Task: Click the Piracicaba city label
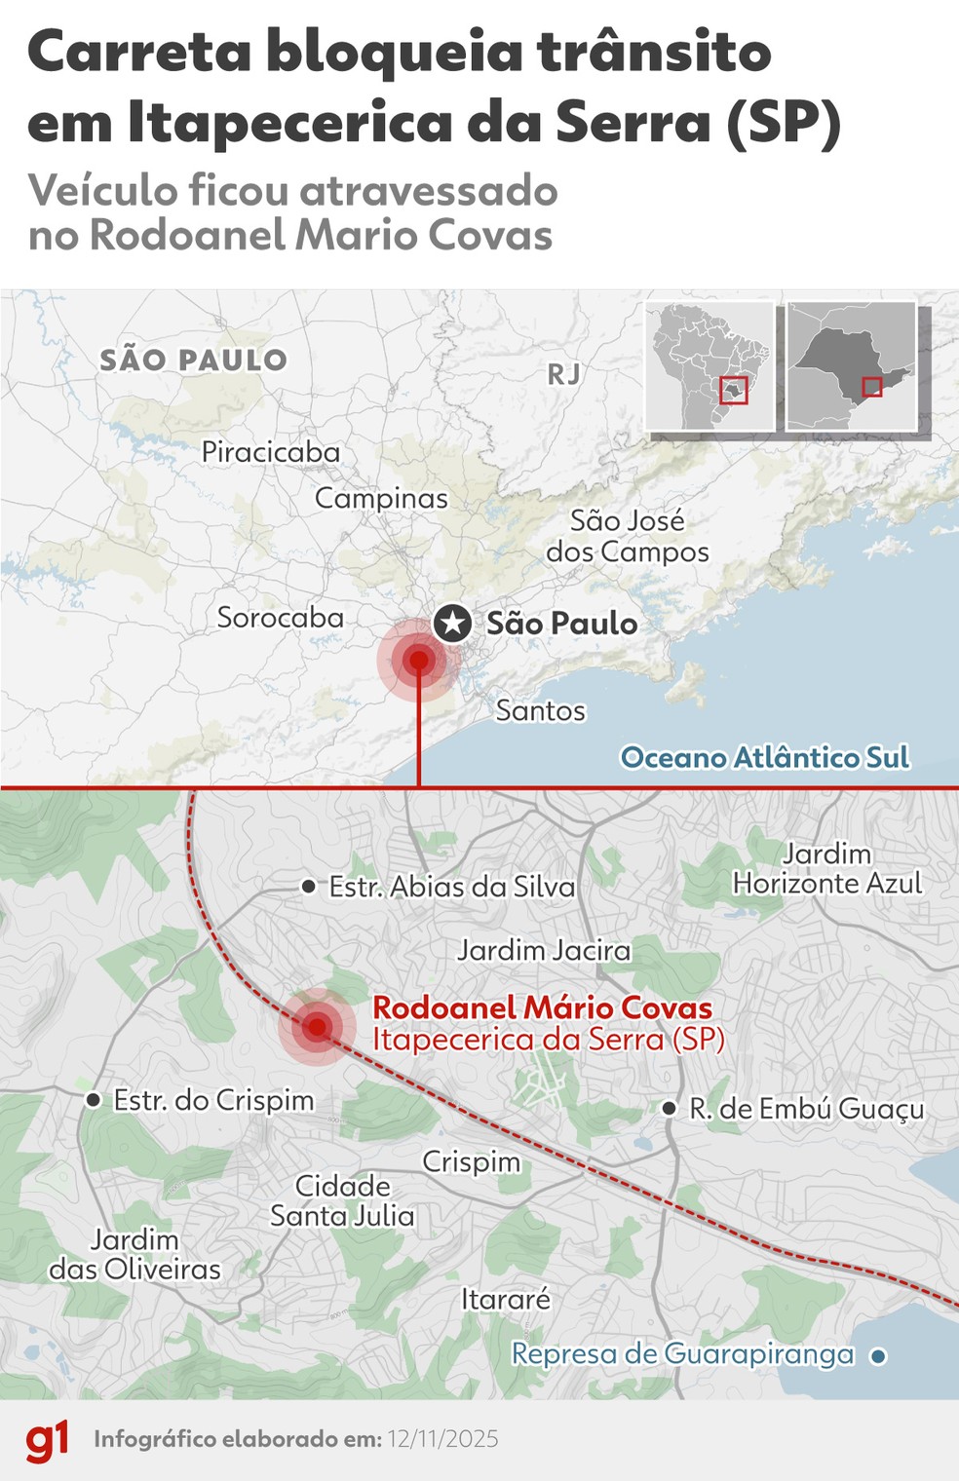click(270, 452)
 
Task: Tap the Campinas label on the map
click(381, 498)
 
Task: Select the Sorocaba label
click(280, 618)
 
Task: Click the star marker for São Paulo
click(452, 623)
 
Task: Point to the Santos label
click(540, 710)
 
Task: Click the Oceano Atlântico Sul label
click(765, 757)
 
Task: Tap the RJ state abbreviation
click(563, 373)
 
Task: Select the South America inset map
click(710, 366)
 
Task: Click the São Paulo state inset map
click(851, 366)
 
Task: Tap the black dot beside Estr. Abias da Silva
click(309, 887)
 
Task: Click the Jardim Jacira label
click(544, 950)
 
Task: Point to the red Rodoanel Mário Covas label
click(542, 1007)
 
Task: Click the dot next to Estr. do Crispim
click(94, 1100)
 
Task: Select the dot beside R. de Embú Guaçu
click(670, 1109)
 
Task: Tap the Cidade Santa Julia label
click(342, 1200)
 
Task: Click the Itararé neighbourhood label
click(506, 1299)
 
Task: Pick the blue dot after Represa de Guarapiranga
click(878, 1355)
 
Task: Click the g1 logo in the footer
click(47, 1440)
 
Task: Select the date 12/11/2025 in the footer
click(442, 1439)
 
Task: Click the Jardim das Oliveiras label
click(134, 1254)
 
